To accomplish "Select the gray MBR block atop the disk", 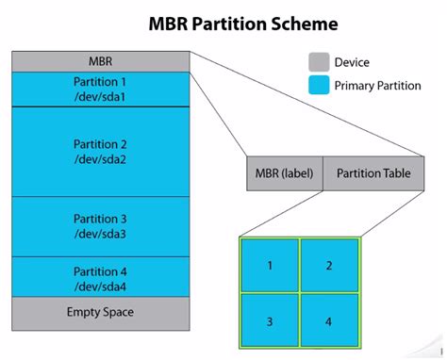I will (x=101, y=61).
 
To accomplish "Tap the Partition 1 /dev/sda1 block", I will (x=101, y=90).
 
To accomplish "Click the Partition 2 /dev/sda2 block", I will (x=101, y=152).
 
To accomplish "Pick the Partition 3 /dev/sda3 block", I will (x=101, y=226).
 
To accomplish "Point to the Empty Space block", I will (x=101, y=312).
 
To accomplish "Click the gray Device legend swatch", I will (x=319, y=63).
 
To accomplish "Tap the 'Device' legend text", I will (x=352, y=63).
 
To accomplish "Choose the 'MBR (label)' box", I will (x=285, y=173).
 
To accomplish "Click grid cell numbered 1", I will (x=270, y=266).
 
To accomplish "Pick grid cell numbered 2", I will (x=329, y=266).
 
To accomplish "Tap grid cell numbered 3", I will (x=270, y=322).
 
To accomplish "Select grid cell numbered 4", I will (x=329, y=322).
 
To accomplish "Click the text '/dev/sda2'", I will (x=100, y=159).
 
